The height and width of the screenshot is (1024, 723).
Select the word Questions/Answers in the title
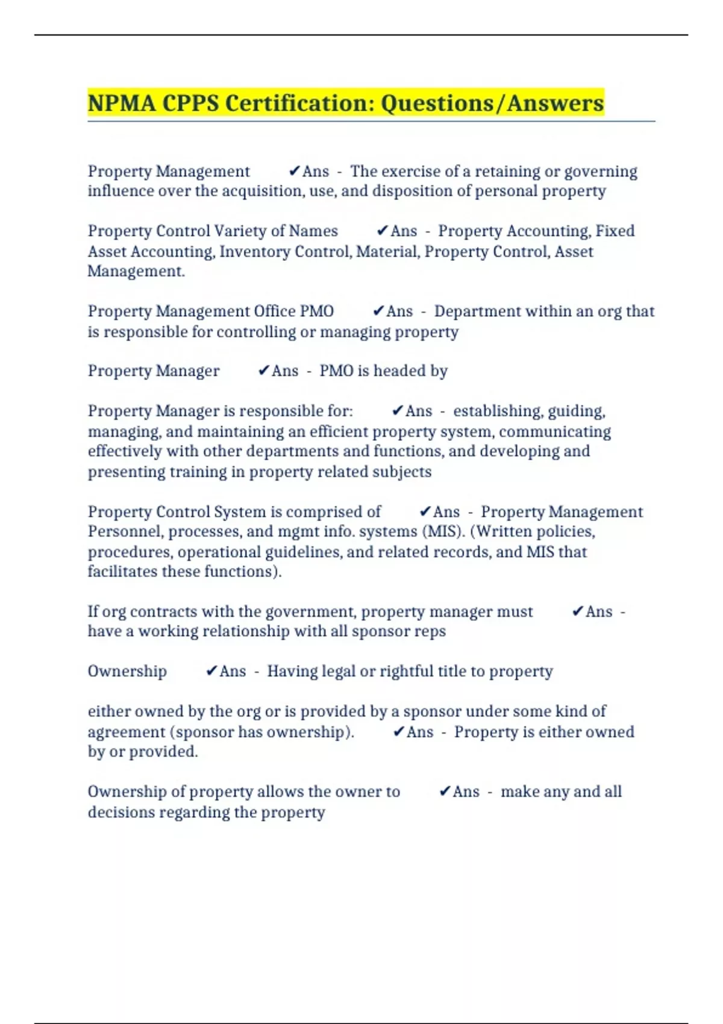coord(492,103)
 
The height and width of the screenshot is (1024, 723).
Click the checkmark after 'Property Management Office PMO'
coord(378,311)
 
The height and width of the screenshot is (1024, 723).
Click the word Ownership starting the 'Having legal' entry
coord(127,671)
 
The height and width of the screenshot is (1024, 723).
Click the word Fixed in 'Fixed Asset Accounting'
coord(615,231)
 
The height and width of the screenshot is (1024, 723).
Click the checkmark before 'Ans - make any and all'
coord(445,791)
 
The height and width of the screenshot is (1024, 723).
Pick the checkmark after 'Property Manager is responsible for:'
coord(397,411)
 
